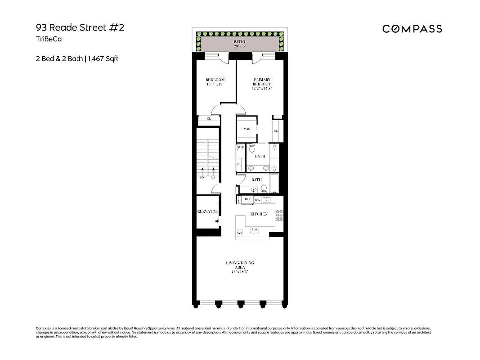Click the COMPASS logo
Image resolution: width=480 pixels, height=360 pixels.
(x=412, y=29)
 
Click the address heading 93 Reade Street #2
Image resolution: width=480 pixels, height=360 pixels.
(x=80, y=27)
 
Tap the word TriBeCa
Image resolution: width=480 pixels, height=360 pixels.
(x=49, y=39)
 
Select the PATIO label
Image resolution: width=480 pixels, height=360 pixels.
(x=239, y=41)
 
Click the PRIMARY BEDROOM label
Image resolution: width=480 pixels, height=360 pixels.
(x=262, y=82)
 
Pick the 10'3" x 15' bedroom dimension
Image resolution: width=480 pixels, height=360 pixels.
(x=215, y=85)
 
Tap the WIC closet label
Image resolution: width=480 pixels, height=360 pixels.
(x=247, y=129)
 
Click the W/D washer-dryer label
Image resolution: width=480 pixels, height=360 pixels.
(x=241, y=148)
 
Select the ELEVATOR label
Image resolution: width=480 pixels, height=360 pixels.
(x=207, y=211)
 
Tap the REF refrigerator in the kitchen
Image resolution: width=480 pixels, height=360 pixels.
(x=247, y=199)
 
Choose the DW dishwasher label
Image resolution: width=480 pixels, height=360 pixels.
(x=258, y=199)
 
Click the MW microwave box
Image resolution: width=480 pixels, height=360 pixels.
(x=254, y=229)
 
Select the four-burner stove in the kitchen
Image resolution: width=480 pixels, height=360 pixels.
(x=279, y=215)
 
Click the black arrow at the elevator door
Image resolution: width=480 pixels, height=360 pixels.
(x=217, y=221)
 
